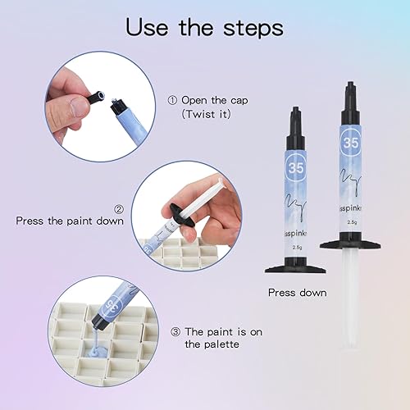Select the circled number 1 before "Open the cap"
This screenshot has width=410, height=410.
pos(172,101)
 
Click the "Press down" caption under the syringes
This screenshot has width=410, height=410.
pos(297,293)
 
